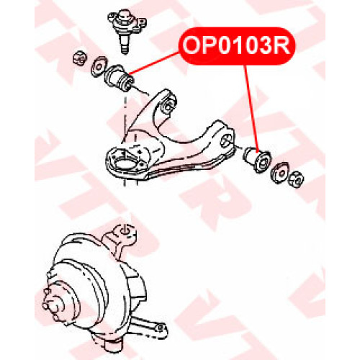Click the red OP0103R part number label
tap(237, 46)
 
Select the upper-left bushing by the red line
tap(120, 78)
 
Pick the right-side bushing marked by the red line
tap(257, 159)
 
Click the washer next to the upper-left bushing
tap(99, 66)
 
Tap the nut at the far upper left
tap(79, 58)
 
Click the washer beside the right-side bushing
tap(279, 172)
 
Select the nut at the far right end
tap(296, 179)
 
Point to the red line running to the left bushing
tap(154, 63)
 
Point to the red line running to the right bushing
tap(251, 109)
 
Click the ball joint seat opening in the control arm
tap(124, 163)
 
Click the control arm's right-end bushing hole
tap(226, 141)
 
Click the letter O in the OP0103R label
tap(192, 46)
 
